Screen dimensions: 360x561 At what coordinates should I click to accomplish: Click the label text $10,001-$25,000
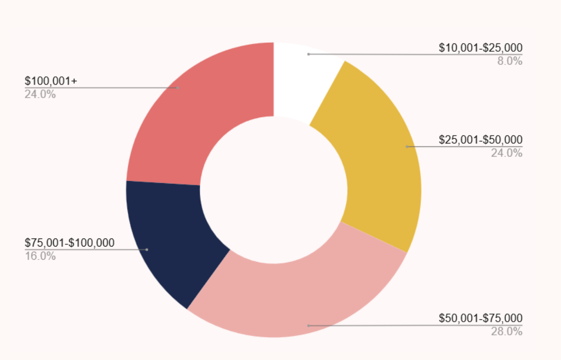(x=480, y=48)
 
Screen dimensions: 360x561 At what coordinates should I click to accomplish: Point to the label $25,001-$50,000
(x=480, y=140)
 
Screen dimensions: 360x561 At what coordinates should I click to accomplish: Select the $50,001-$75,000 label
(x=480, y=318)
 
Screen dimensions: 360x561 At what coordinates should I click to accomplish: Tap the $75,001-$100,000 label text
(x=70, y=243)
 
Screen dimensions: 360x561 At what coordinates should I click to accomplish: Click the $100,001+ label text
(x=51, y=81)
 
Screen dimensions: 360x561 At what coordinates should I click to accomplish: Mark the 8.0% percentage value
(x=509, y=61)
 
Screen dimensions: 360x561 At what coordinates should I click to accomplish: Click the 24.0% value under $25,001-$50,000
(x=506, y=153)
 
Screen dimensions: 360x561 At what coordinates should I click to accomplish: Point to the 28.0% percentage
(x=506, y=332)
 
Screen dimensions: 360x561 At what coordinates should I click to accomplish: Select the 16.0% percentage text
(x=40, y=256)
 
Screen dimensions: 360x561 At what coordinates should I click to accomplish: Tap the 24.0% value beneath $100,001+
(x=40, y=94)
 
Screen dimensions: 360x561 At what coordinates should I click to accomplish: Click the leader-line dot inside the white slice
(x=308, y=54)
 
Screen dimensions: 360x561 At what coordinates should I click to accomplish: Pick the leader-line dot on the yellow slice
(x=407, y=147)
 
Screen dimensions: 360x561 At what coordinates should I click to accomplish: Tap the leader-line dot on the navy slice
(x=147, y=250)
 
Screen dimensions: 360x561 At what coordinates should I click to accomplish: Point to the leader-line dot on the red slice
(x=178, y=88)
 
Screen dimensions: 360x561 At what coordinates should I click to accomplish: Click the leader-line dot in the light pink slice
(x=308, y=326)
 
